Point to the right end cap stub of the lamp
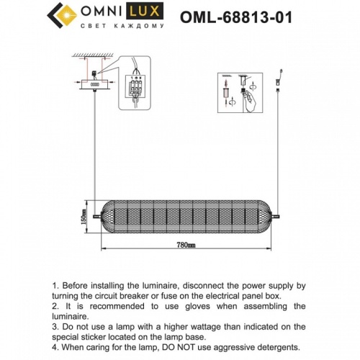click(278, 215)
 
